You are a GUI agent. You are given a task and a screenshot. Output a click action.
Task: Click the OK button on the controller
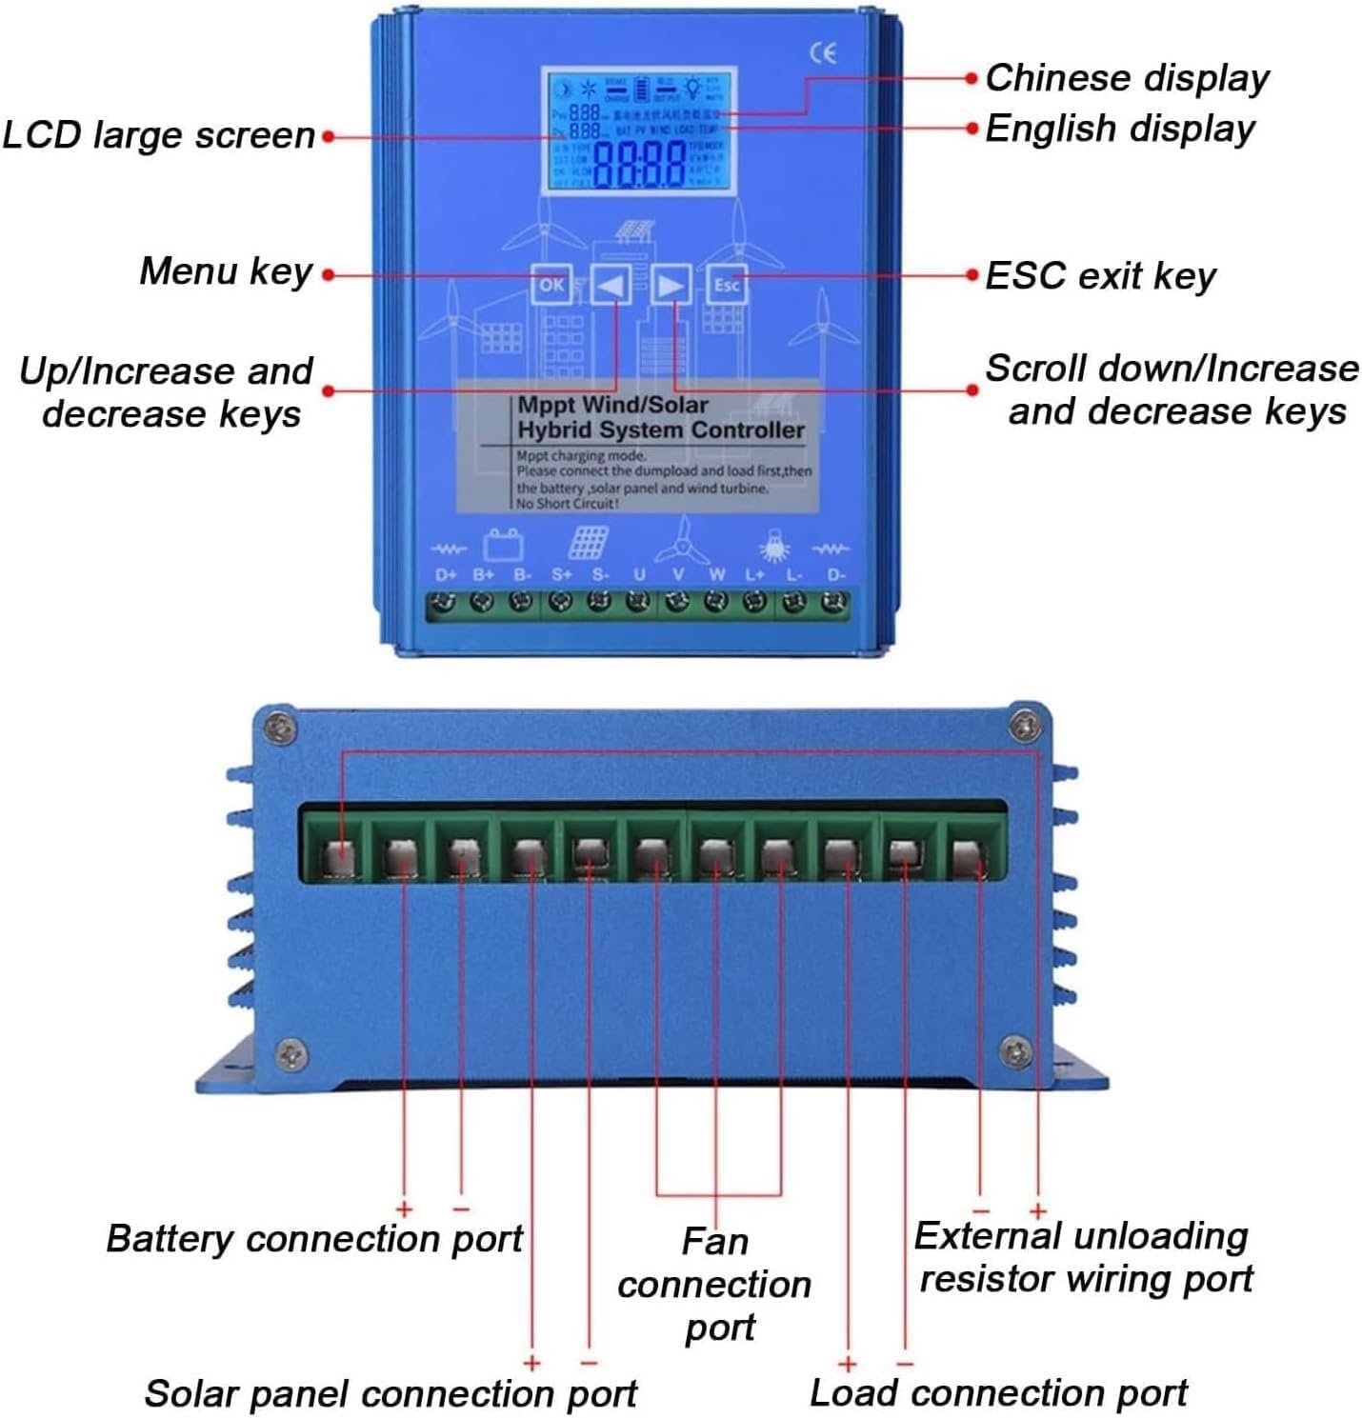click(551, 285)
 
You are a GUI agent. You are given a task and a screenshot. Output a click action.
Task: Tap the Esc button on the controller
click(727, 285)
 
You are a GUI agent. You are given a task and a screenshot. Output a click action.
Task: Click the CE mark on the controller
click(823, 53)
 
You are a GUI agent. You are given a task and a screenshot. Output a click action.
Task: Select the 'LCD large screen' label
click(159, 135)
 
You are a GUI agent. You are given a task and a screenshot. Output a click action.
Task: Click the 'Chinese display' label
click(1127, 78)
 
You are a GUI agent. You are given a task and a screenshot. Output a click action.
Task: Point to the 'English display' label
click(1119, 129)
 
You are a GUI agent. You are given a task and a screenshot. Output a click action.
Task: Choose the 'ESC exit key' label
click(1100, 276)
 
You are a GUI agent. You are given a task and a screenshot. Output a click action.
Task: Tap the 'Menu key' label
click(226, 271)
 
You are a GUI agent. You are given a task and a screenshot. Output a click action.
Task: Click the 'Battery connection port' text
click(314, 1239)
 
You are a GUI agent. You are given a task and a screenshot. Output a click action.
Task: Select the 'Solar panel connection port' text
click(391, 1393)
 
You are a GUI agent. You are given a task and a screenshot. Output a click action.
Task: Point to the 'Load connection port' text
click(998, 1392)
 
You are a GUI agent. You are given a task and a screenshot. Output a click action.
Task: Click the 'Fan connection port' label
click(715, 1284)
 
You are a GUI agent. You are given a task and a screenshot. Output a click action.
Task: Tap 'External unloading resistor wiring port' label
click(1083, 1257)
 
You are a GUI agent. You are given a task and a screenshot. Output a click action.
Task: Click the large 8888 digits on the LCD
click(639, 164)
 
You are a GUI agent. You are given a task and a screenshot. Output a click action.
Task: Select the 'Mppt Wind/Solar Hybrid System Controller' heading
click(660, 417)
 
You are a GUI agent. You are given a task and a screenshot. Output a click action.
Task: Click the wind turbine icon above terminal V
click(682, 542)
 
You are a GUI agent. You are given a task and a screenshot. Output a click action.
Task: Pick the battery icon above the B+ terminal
click(502, 545)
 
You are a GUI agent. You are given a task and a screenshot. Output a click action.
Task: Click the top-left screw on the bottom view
click(278, 729)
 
